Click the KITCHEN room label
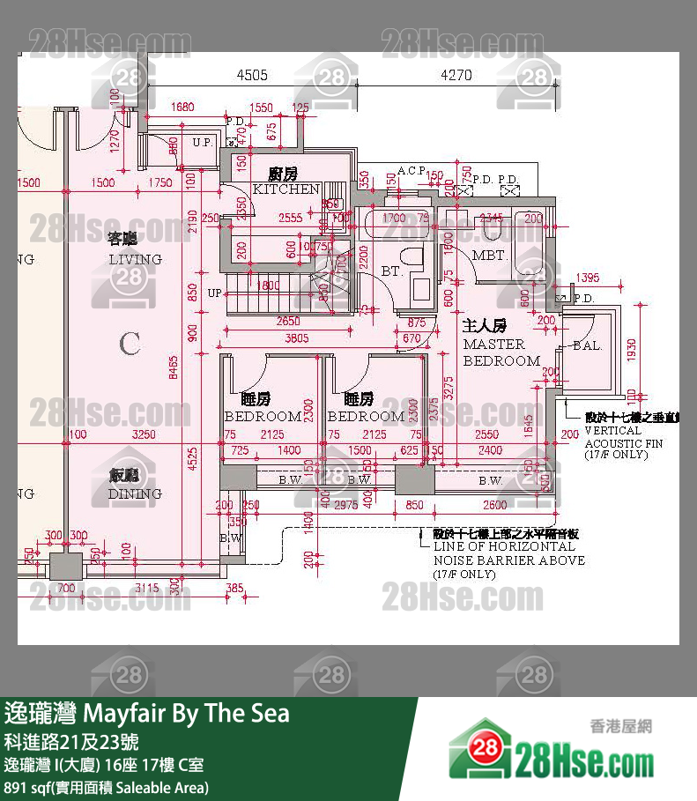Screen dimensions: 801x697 (285, 189)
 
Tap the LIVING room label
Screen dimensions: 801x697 (135, 259)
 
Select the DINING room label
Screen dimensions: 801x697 (135, 493)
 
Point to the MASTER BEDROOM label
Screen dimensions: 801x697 (501, 352)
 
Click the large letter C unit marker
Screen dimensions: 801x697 (130, 344)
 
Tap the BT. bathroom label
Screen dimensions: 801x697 (391, 271)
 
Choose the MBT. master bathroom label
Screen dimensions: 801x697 (488, 256)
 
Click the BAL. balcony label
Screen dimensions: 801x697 (587, 346)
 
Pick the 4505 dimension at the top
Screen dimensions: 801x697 (253, 76)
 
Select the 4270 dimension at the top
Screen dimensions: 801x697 (456, 76)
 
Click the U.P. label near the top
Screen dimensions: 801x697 (202, 142)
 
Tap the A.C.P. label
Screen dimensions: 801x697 (412, 170)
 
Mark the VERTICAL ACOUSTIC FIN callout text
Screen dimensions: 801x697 (624, 437)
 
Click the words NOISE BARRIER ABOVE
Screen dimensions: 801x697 (508, 560)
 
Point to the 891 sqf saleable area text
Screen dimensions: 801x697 (106, 787)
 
